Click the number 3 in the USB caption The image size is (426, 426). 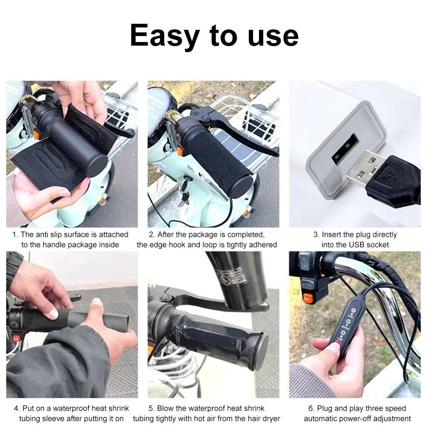tap(316, 235)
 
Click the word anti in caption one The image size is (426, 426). tap(43, 235)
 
